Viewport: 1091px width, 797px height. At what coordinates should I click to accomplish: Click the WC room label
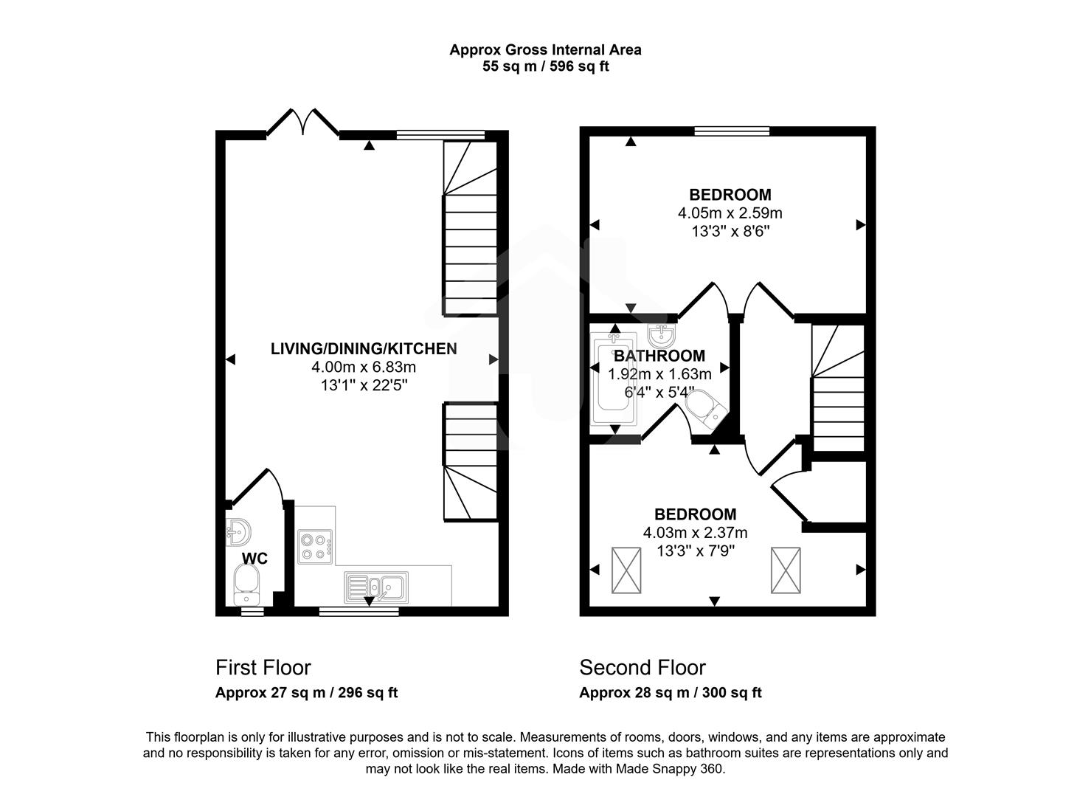click(x=254, y=559)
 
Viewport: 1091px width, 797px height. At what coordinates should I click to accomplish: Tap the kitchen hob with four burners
click(x=315, y=547)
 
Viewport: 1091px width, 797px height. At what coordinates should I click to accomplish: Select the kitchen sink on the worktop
click(x=375, y=587)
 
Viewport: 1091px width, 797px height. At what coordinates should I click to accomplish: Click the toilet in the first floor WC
click(x=246, y=584)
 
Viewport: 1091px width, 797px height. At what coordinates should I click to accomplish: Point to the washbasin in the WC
click(x=238, y=529)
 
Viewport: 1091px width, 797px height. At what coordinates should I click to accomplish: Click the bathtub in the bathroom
click(x=614, y=379)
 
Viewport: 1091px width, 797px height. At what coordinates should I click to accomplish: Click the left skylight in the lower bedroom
click(x=626, y=570)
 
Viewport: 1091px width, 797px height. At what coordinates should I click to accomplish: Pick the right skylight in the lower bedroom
click(x=785, y=570)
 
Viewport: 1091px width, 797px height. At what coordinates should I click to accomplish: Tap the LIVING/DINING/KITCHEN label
click(x=364, y=348)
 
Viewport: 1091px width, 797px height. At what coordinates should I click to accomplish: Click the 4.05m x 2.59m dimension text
click(x=730, y=213)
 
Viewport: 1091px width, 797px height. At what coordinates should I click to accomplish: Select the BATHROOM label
click(x=659, y=356)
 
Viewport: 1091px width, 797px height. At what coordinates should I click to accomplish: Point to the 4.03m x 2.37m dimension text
click(x=695, y=533)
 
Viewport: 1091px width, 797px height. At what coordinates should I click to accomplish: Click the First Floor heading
click(x=263, y=668)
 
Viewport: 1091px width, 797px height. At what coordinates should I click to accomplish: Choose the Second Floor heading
click(x=642, y=668)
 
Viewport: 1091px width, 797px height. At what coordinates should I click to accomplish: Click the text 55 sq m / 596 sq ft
click(x=545, y=66)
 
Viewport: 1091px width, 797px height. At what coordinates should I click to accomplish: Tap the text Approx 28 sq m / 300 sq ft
click(x=670, y=693)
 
